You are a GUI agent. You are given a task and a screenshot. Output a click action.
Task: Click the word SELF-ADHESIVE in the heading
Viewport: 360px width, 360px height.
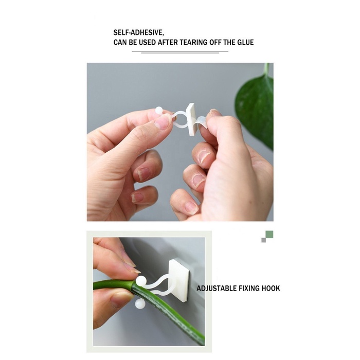tap(138, 32)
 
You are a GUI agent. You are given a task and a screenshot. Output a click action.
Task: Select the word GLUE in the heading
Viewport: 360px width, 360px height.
tap(245, 43)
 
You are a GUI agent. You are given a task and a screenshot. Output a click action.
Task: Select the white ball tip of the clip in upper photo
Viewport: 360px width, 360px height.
tap(159, 111)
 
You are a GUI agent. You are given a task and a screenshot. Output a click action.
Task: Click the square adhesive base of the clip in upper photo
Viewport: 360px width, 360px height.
tap(191, 119)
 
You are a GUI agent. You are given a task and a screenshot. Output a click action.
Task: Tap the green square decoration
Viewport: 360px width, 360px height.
tap(269, 235)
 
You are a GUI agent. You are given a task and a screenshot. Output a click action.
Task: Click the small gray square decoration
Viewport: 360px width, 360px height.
tap(263, 240)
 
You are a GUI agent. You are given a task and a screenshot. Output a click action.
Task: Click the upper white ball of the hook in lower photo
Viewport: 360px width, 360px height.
tap(140, 281)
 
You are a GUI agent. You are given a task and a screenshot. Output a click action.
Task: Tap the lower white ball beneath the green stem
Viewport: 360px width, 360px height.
tap(139, 304)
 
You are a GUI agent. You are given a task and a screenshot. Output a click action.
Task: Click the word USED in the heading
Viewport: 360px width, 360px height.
tap(147, 43)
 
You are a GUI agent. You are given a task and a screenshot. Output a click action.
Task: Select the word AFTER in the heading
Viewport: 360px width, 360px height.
tap(168, 43)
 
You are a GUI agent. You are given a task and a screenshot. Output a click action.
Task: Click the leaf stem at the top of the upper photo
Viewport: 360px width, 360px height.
tap(266, 69)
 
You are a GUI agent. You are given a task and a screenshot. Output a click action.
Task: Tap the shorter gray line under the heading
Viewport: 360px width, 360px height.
tap(180, 53)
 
